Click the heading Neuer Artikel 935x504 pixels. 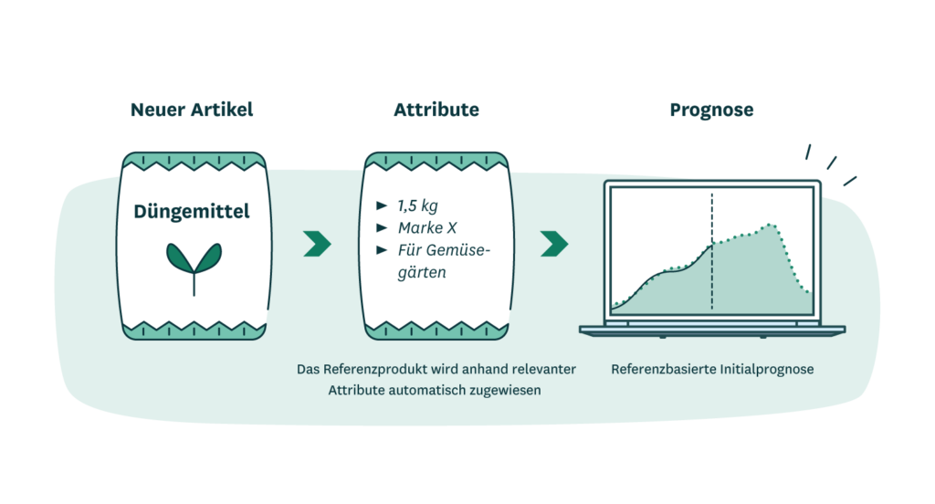pyautogui.click(x=192, y=110)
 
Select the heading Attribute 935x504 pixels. pyautogui.click(x=436, y=110)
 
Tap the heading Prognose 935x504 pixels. pyautogui.click(x=711, y=110)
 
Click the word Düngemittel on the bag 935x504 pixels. pyautogui.click(x=192, y=213)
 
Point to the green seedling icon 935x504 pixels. pyautogui.click(x=193, y=264)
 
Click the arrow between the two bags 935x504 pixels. pyautogui.click(x=317, y=244)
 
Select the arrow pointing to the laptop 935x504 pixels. pyautogui.click(x=554, y=244)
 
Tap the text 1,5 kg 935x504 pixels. pyautogui.click(x=419, y=205)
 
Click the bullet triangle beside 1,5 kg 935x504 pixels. pyautogui.click(x=382, y=205)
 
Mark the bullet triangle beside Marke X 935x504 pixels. pyautogui.click(x=382, y=227)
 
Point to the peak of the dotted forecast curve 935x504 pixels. pyautogui.click(x=772, y=224)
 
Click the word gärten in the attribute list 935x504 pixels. pyautogui.click(x=422, y=272)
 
